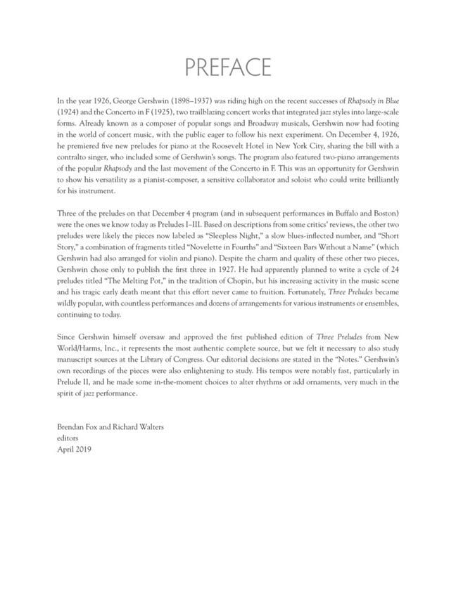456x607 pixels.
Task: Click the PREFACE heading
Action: (x=228, y=67)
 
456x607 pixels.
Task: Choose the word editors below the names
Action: (x=68, y=437)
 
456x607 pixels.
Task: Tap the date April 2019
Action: (x=74, y=448)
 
